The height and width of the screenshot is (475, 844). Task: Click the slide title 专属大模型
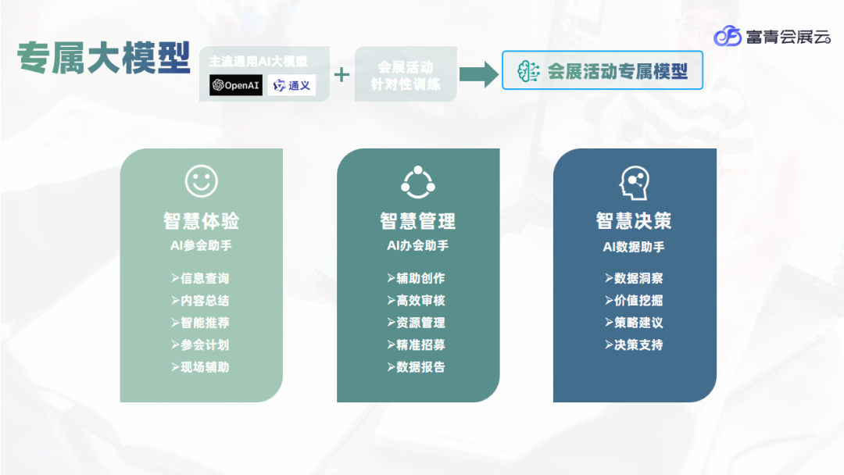coord(104,58)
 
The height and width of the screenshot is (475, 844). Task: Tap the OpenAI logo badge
coord(235,85)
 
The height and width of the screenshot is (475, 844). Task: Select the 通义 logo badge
coord(291,85)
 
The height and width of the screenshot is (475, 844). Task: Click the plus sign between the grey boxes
coord(342,75)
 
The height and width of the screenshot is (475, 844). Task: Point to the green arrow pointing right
coord(478,74)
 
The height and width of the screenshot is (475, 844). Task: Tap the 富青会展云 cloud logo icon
coord(728,36)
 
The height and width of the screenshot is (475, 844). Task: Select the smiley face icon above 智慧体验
coord(202,180)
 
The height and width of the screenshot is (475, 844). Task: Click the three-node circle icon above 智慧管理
coord(417,182)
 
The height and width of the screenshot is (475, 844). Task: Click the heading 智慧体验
coord(201,221)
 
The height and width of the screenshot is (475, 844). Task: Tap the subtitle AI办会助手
coord(417,245)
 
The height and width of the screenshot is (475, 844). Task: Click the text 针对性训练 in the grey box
coord(405,84)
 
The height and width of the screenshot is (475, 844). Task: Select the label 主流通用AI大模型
coord(258,60)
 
